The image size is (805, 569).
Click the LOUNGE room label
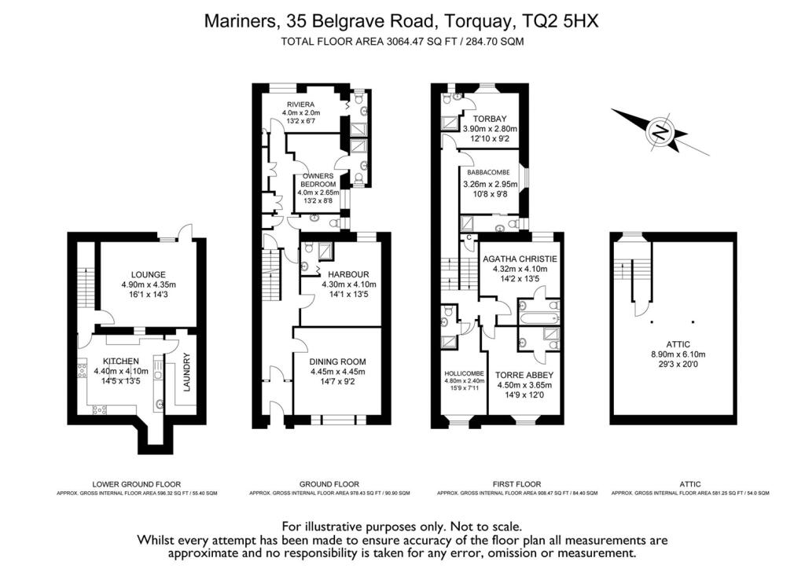point(149,274)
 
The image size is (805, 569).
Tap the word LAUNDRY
point(187,372)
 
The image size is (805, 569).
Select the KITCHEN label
point(120,362)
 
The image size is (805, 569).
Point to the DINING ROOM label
point(338,362)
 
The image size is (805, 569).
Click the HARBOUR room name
point(348,274)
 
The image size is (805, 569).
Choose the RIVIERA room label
point(301,105)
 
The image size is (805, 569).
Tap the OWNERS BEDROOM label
point(318,180)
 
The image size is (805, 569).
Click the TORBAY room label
point(490,119)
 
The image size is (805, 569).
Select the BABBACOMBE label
point(488,173)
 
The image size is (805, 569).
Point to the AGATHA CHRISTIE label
point(520,259)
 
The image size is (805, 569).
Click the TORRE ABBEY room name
point(524,375)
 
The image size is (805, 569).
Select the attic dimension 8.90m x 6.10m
point(678,354)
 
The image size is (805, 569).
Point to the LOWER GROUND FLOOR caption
point(137,484)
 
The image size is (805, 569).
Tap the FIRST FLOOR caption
point(517,484)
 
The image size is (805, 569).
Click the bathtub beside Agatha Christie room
point(539,318)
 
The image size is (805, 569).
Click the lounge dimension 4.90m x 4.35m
point(149,284)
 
